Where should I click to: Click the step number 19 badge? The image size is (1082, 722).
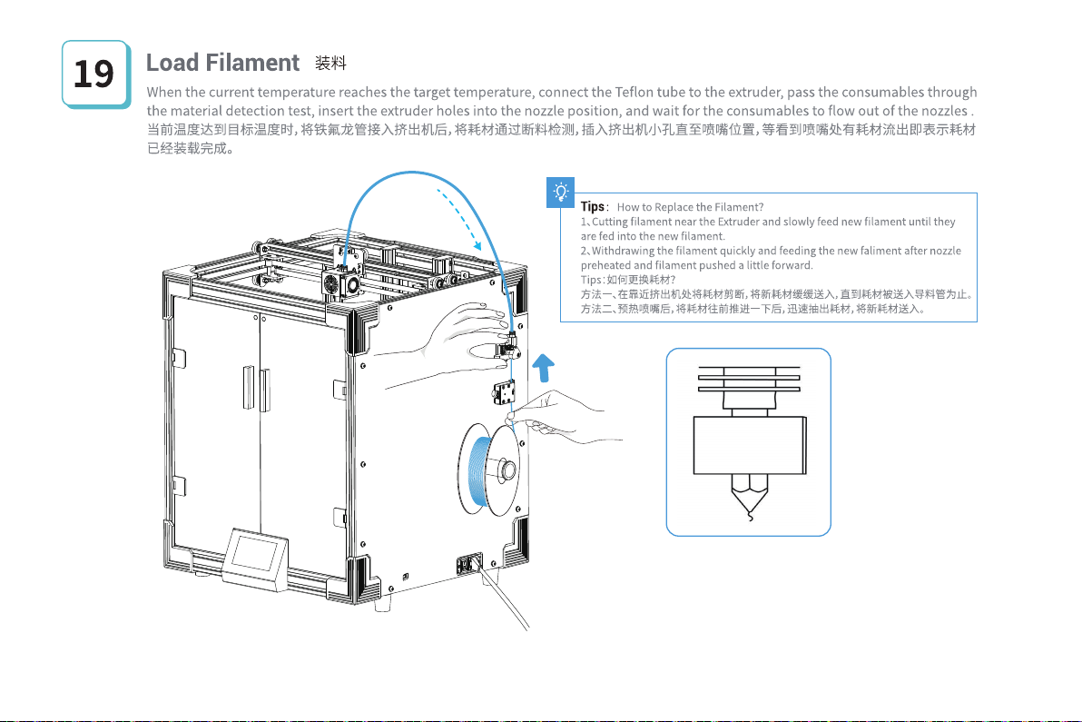(x=93, y=74)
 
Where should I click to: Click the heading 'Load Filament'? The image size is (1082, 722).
(x=222, y=63)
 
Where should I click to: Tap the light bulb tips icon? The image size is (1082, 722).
(x=562, y=192)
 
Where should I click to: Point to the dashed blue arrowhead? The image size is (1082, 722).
(x=477, y=242)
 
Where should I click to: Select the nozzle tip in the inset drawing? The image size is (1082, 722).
(x=749, y=509)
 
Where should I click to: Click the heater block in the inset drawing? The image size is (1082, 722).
(x=749, y=445)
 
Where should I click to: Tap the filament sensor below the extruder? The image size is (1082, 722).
(x=503, y=393)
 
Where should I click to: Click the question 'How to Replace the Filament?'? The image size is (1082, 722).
(x=690, y=208)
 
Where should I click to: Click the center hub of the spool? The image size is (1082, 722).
(x=507, y=470)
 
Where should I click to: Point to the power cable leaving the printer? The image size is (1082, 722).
(x=508, y=599)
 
